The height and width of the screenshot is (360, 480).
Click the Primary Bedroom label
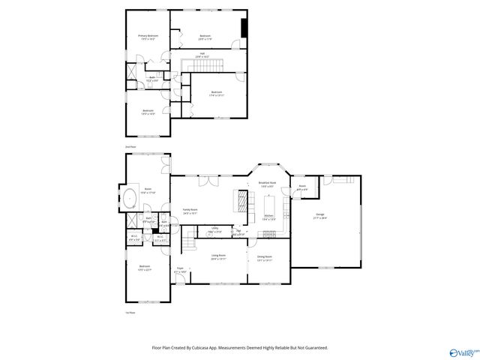pos(148,36)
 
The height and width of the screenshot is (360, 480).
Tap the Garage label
pos(319,215)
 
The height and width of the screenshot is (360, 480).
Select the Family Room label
pos(190,210)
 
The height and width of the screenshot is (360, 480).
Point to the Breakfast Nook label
pos(268,182)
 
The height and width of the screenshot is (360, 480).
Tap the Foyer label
pos(180,268)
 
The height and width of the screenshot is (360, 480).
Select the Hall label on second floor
pos(202,53)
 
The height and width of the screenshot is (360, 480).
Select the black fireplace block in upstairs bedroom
pos(243,26)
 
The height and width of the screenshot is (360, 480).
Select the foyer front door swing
pos(178,279)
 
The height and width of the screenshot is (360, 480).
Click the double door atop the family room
pos(208,180)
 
